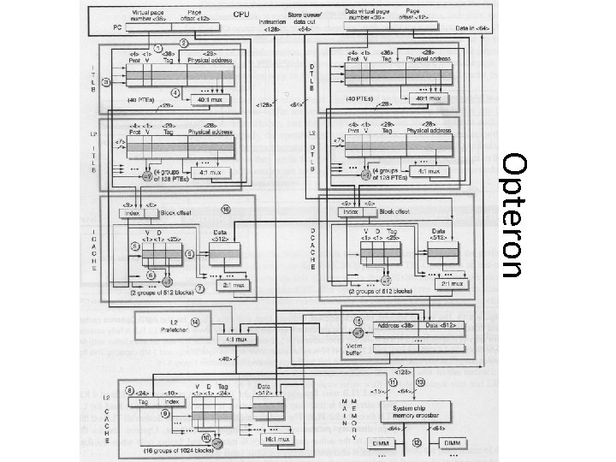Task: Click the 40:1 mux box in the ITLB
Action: click(x=208, y=99)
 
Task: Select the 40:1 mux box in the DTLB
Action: click(x=429, y=98)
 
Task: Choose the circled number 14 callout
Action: click(x=196, y=323)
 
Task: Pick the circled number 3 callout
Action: click(x=106, y=82)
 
